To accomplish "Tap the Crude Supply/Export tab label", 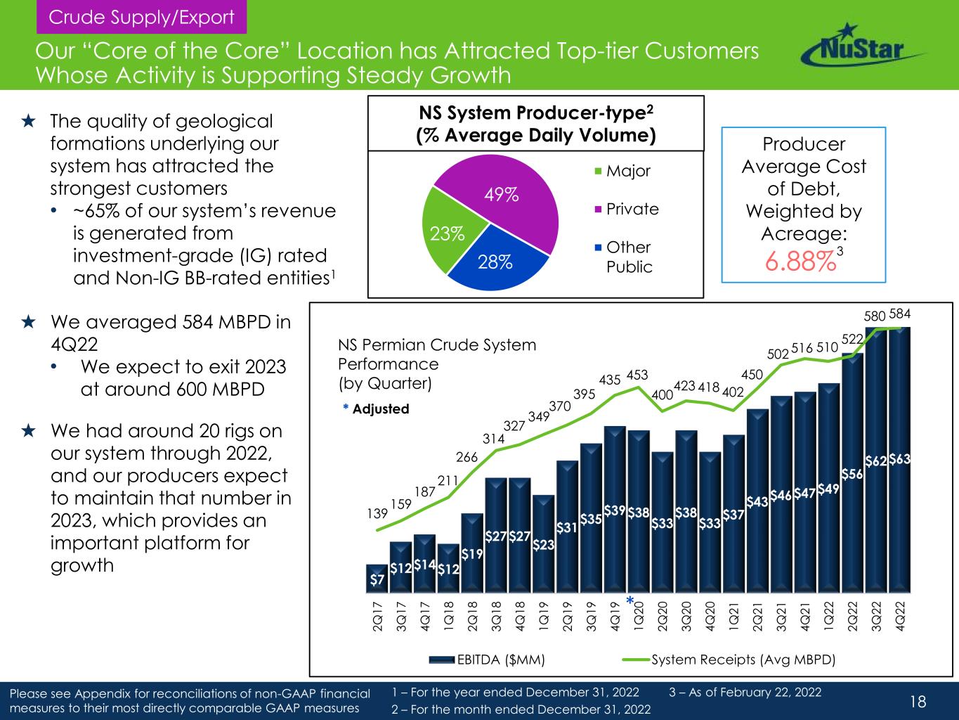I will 141,18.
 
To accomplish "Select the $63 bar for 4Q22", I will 900,461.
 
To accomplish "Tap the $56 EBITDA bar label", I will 852,474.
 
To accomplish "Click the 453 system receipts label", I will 637,373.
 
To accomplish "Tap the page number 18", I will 918,701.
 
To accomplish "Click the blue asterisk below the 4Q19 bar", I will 630,600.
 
